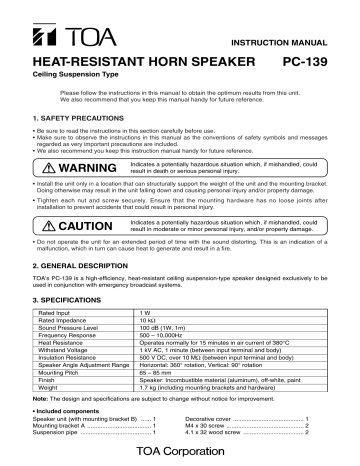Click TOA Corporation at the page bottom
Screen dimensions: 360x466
pyautogui.click(x=180, y=455)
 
